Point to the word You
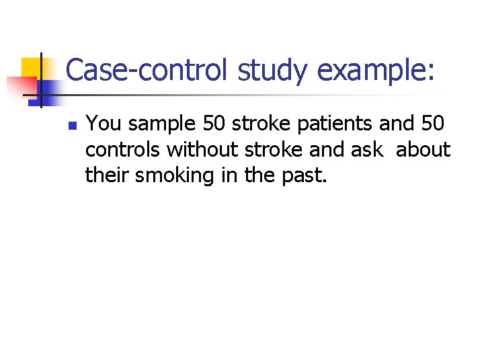click(102, 124)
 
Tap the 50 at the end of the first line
click(433, 124)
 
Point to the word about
click(423, 150)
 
